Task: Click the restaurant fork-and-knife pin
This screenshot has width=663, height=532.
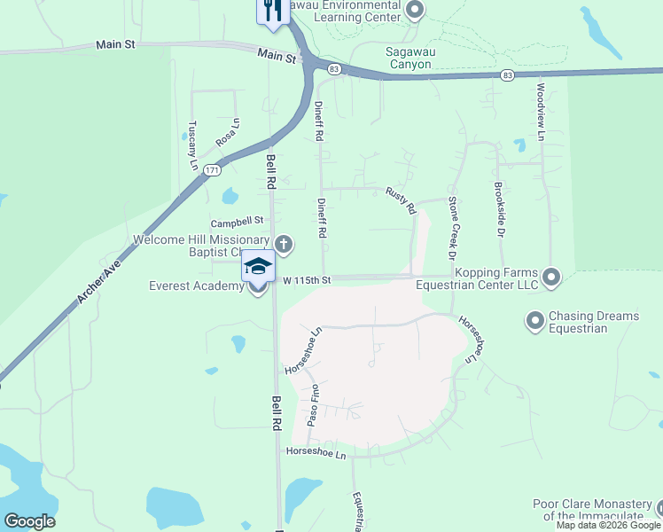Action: [x=272, y=11]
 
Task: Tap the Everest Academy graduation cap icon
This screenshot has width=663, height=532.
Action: [x=258, y=266]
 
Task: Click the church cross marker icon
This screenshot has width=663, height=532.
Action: [x=284, y=244]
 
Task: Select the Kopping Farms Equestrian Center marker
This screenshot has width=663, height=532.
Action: [x=551, y=278]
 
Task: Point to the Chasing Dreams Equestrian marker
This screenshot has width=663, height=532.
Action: [x=535, y=320]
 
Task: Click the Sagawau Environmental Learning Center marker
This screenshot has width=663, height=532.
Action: [x=414, y=10]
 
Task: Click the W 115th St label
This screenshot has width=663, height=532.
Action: [x=306, y=280]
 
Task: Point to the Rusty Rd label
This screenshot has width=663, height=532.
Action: [x=402, y=201]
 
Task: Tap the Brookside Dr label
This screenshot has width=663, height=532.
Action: [x=500, y=210]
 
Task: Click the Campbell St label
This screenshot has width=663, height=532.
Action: [x=238, y=220]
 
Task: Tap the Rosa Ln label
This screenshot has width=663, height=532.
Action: [x=228, y=133]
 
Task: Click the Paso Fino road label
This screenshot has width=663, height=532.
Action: [x=313, y=406]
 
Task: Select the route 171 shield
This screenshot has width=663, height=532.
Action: [x=211, y=169]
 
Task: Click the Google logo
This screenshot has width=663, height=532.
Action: [x=29, y=521]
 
